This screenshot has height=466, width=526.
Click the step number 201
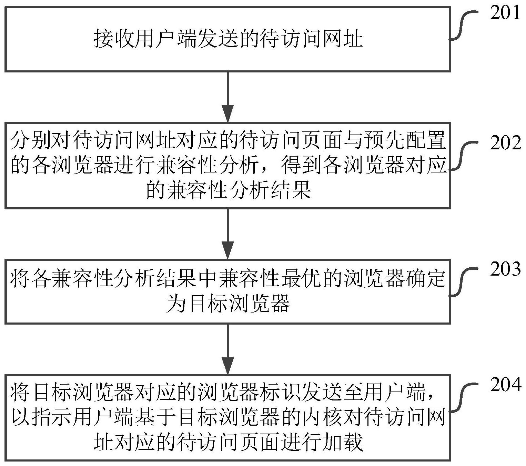pyautogui.click(x=505, y=13)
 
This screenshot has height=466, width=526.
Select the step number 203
pyautogui.click(x=505, y=269)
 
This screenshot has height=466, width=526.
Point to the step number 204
pyautogui.click(x=505, y=385)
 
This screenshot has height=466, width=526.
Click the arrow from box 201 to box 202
pyautogui.click(x=227, y=97)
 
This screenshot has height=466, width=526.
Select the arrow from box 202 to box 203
pyautogui.click(x=227, y=234)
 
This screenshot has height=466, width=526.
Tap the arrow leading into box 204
pyautogui.click(x=227, y=349)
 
